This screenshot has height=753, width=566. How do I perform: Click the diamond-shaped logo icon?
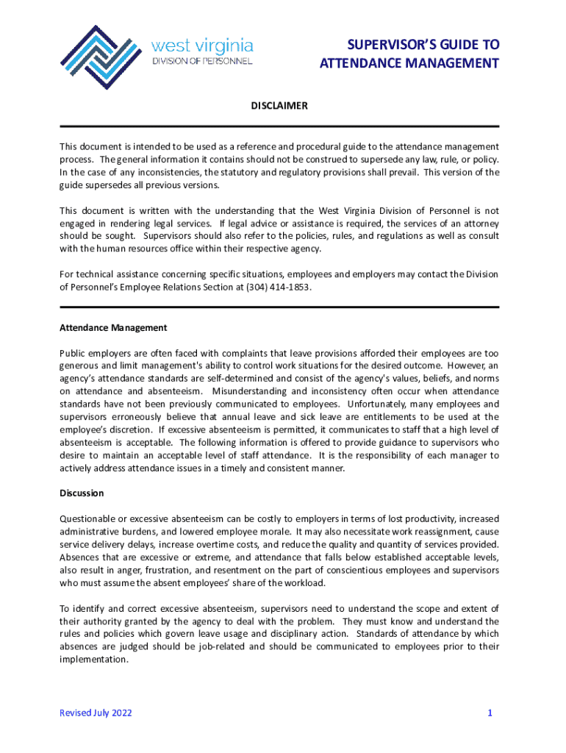click(x=101, y=57)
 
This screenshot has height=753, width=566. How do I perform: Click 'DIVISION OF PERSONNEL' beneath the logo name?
click(x=202, y=61)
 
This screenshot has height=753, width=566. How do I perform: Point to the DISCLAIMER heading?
click(x=279, y=107)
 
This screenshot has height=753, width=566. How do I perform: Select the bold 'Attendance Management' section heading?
click(x=113, y=327)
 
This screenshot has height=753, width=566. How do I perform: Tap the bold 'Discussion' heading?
click(x=82, y=493)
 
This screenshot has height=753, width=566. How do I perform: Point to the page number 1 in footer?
click(x=489, y=713)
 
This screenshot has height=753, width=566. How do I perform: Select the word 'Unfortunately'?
click(x=381, y=404)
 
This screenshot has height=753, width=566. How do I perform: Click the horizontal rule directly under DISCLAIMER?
click(x=279, y=126)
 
